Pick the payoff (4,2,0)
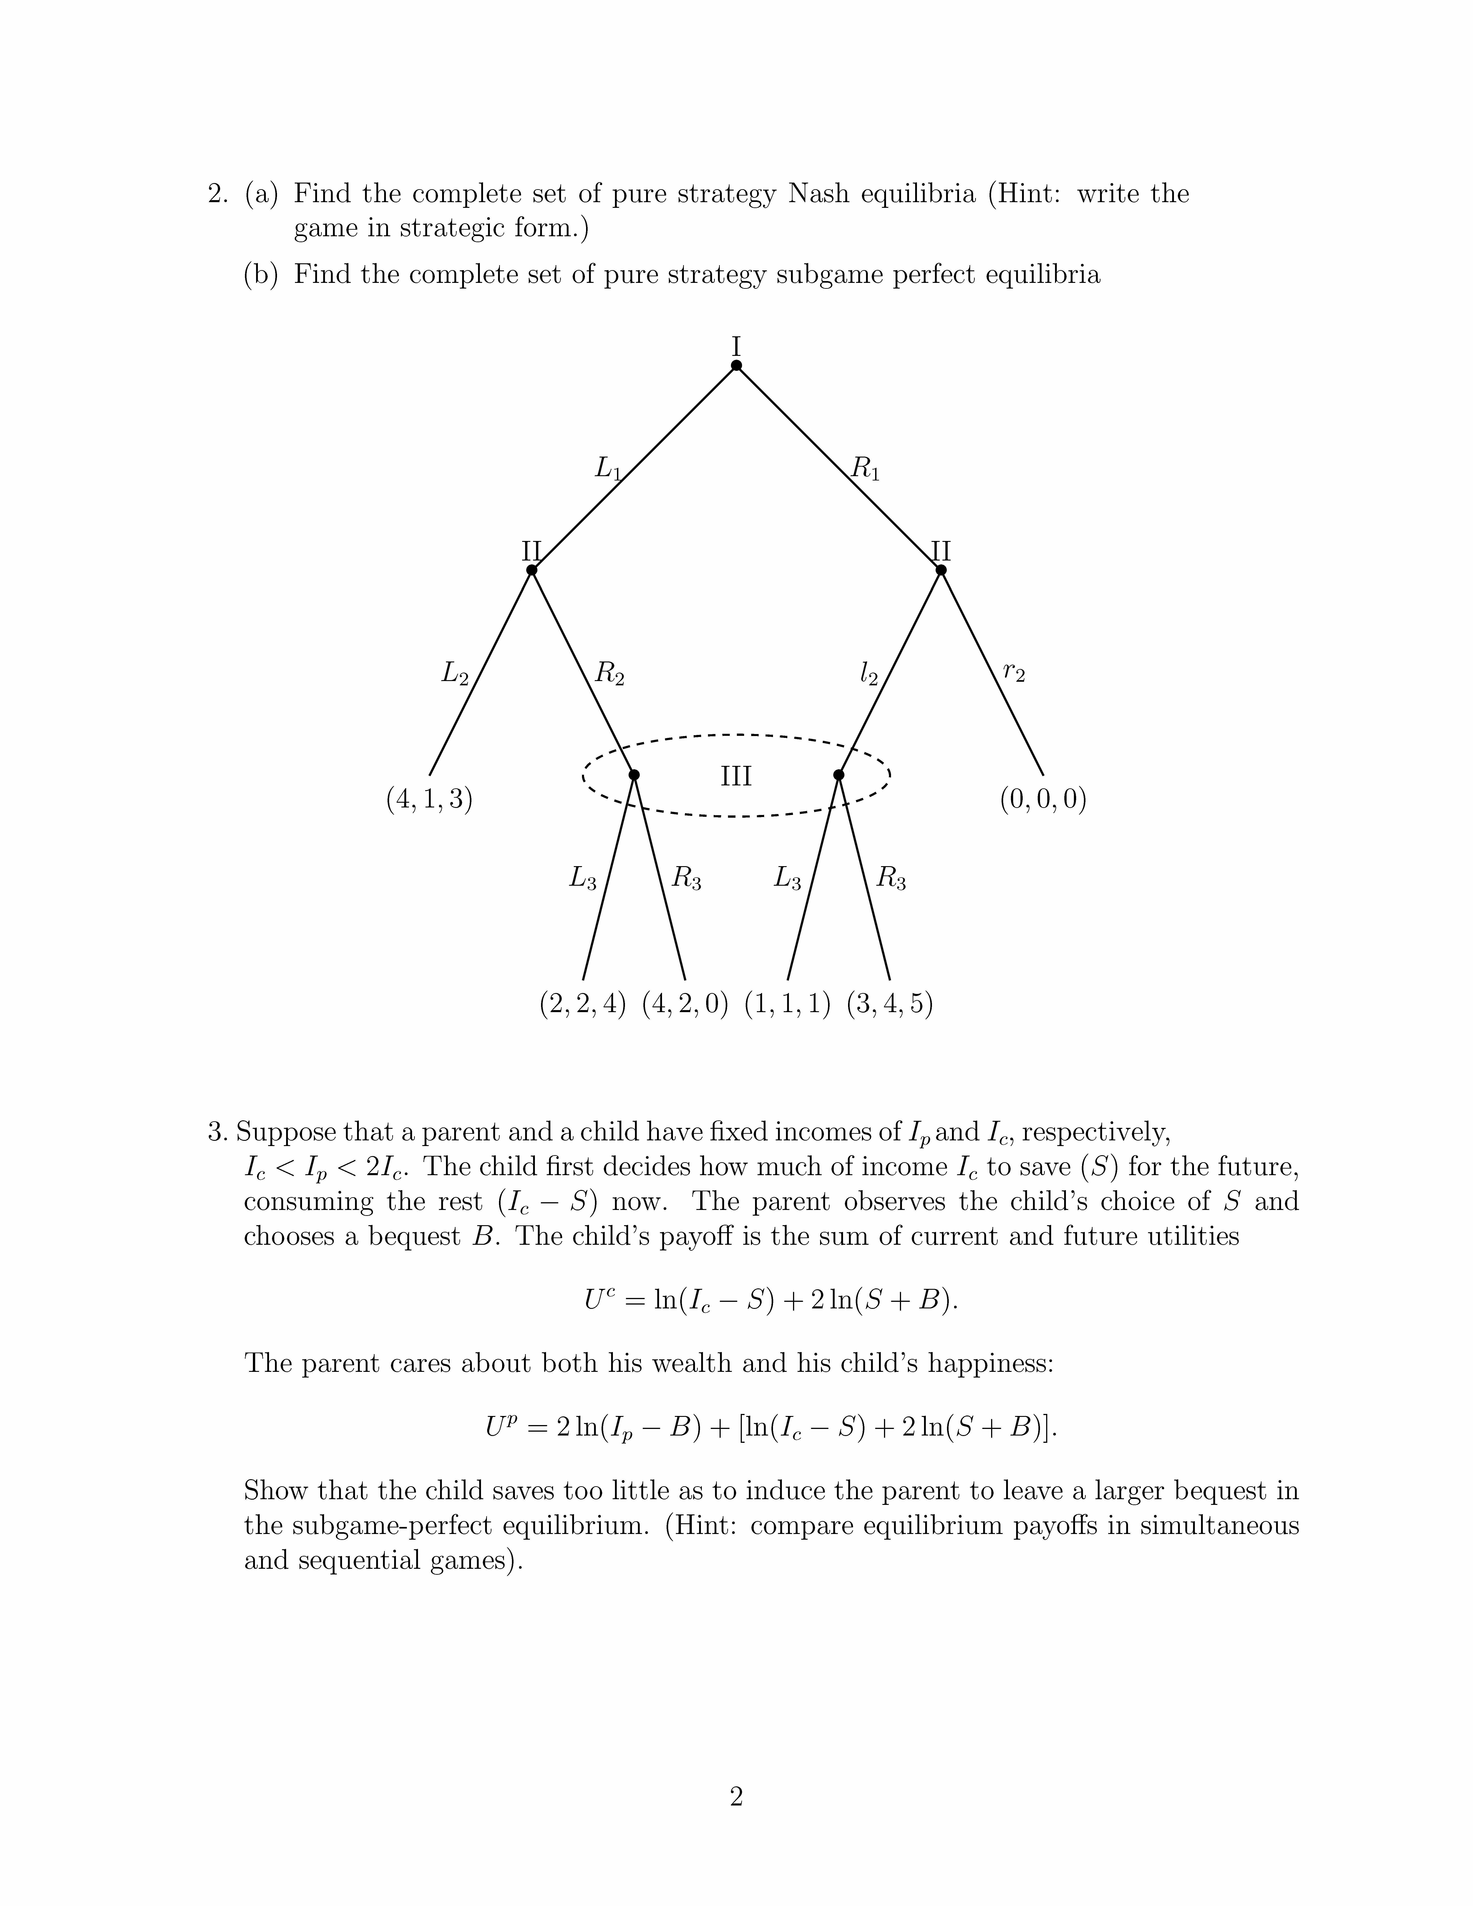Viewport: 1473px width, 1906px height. click(685, 1004)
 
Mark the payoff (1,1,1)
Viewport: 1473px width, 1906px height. click(787, 1004)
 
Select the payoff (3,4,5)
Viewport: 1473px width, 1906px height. click(890, 1004)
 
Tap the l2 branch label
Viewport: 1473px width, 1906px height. click(868, 674)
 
